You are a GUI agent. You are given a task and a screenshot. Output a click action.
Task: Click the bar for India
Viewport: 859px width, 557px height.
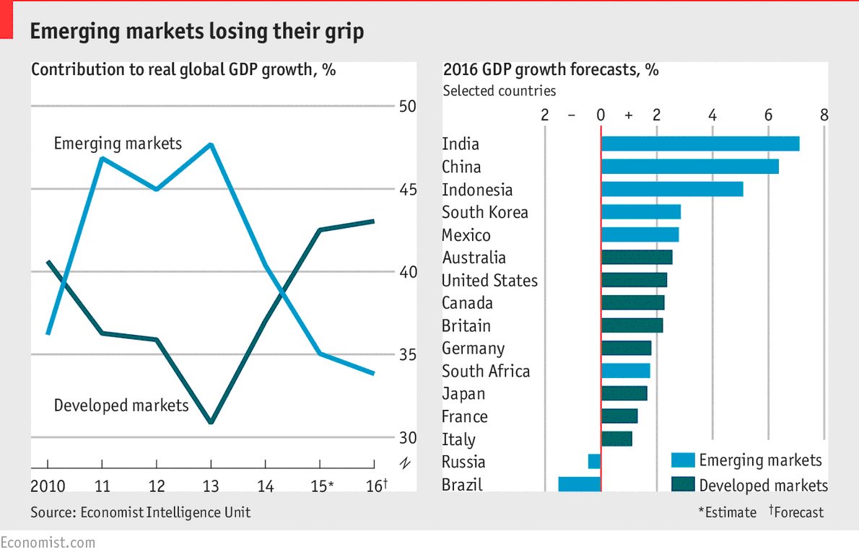coord(699,144)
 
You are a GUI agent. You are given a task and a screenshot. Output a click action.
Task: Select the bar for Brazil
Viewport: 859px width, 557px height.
coord(579,484)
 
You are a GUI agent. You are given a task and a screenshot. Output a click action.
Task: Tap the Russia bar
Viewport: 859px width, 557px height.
coord(594,462)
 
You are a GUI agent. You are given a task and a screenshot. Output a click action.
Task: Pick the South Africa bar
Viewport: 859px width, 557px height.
coord(625,371)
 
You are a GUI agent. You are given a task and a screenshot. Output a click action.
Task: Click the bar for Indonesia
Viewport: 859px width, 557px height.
coord(671,189)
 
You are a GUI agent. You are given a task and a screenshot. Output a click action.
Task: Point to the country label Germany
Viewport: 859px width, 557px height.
coord(473,348)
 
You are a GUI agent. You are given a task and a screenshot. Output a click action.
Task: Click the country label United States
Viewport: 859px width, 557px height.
coord(489,280)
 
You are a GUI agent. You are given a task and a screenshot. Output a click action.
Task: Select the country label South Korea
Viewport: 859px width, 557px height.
coord(484,212)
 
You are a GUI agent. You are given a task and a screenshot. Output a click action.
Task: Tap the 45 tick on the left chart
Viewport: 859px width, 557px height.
coord(408,189)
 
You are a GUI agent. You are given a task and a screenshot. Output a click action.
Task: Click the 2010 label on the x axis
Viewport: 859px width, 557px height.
coord(48,486)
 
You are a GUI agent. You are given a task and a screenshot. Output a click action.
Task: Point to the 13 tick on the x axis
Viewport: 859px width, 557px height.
coord(211,486)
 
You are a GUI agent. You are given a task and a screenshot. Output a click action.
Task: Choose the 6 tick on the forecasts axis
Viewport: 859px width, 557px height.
coord(768,115)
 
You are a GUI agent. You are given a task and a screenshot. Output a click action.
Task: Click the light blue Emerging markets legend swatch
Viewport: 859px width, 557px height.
coord(682,460)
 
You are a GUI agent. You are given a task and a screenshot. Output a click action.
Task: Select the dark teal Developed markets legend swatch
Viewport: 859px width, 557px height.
coord(682,485)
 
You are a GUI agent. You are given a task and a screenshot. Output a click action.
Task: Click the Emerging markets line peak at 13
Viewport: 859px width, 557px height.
coord(211,145)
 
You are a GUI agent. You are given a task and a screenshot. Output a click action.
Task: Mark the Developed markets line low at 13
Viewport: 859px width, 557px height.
coord(211,421)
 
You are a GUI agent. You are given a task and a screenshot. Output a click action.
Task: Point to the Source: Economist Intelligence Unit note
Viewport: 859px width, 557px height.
coord(141,512)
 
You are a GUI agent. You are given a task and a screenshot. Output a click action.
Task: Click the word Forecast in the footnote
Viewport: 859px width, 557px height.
coord(799,512)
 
